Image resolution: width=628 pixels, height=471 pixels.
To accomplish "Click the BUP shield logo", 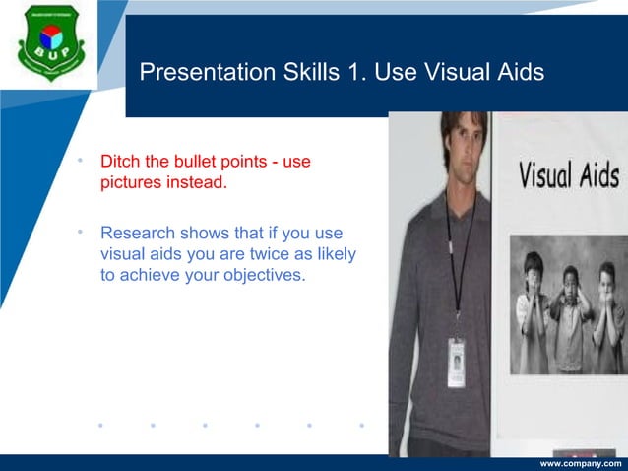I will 51,43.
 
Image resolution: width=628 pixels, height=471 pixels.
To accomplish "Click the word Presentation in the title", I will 198,73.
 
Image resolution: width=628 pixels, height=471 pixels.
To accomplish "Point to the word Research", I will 138,234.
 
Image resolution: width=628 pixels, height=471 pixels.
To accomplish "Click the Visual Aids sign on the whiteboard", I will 569,176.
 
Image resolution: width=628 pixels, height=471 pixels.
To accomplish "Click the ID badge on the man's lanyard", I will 457,362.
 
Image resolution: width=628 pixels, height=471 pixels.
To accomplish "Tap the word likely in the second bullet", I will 333,254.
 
